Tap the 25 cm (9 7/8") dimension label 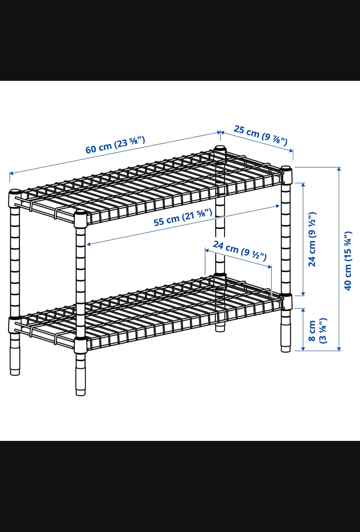[261, 135]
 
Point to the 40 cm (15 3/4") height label [347, 260]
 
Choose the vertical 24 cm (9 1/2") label [312, 239]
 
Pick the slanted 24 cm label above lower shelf [240, 250]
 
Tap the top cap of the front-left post [80, 212]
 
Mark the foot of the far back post [220, 327]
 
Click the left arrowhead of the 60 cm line [11, 173]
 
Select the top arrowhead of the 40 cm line [339, 169]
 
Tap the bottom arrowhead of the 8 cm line [303, 348]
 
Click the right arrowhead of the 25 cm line [291, 151]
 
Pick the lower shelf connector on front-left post [80, 345]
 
